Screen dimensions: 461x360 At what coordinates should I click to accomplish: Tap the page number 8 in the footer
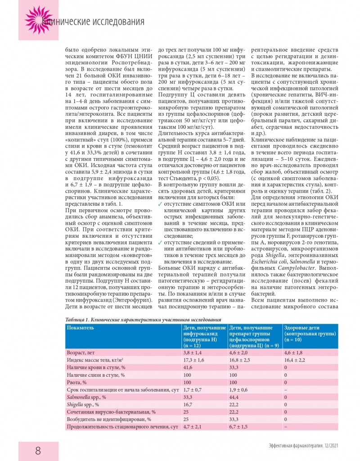pos(38,451)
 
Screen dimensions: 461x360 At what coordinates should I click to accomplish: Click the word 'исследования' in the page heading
pos(120,22)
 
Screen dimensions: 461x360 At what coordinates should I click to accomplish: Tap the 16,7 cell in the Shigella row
pos(189,404)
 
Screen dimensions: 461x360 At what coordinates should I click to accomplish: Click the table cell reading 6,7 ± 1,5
pos(238,426)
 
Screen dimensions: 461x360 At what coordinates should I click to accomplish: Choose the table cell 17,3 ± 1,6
pos(194,361)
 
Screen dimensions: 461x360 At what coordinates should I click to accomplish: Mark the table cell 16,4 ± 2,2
pos(295,361)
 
